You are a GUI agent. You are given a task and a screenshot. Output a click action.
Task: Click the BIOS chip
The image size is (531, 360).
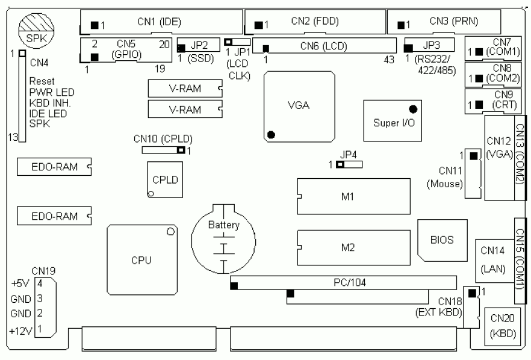tap(441, 240)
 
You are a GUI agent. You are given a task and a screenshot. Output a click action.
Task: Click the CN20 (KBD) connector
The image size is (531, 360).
tap(500, 326)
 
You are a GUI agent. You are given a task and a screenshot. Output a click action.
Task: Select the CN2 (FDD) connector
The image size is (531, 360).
tap(314, 23)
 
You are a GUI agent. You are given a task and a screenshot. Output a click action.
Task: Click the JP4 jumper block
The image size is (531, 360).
tap(349, 164)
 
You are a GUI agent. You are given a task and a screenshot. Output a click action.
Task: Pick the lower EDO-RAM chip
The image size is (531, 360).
tap(54, 215)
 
